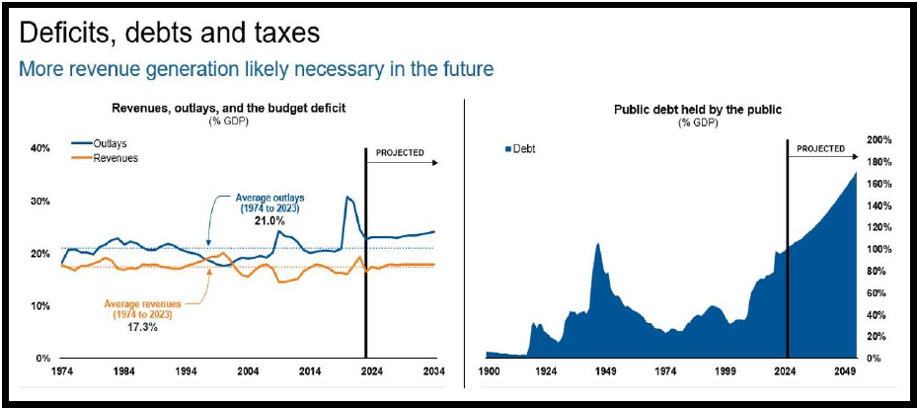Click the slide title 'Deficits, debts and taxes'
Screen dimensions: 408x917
[x=170, y=33]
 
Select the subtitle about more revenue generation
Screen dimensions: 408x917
[x=256, y=70]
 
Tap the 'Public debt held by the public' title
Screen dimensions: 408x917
[x=683, y=110]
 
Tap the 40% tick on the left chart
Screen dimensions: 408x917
[x=39, y=149]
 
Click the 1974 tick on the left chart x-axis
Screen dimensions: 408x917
[x=60, y=373]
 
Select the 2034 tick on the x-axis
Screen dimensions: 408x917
[x=433, y=373]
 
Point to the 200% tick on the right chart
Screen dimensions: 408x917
[x=879, y=140]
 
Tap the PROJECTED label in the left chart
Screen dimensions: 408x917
[x=401, y=153]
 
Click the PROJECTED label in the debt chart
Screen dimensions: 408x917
[x=820, y=149]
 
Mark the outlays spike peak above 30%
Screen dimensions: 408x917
[x=347, y=198]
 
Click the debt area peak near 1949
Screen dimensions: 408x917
[x=597, y=243]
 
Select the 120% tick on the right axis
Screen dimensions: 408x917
[x=879, y=227]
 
